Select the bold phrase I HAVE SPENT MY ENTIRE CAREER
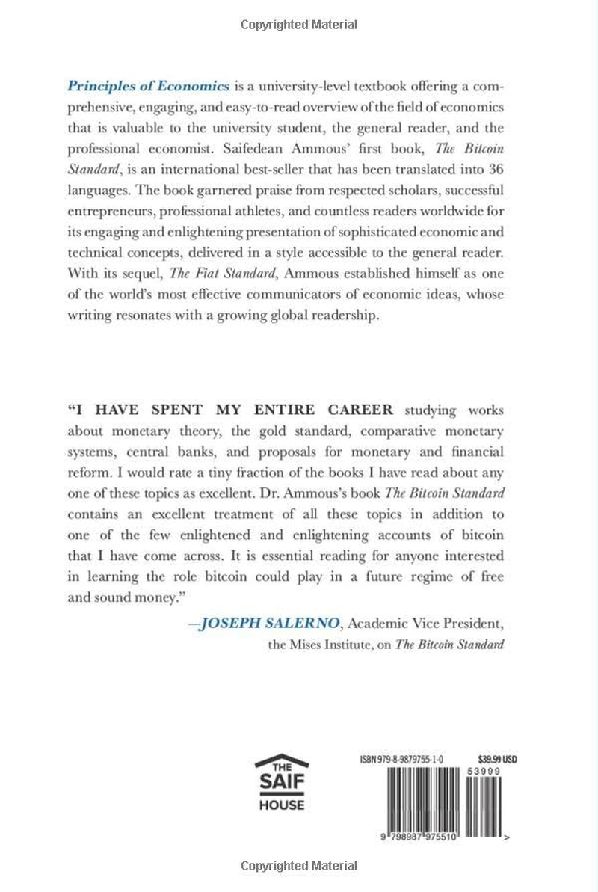[230, 410]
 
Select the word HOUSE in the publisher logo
[281, 805]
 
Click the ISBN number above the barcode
[397, 758]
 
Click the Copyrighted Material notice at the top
[299, 25]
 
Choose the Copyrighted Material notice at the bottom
[299, 867]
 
